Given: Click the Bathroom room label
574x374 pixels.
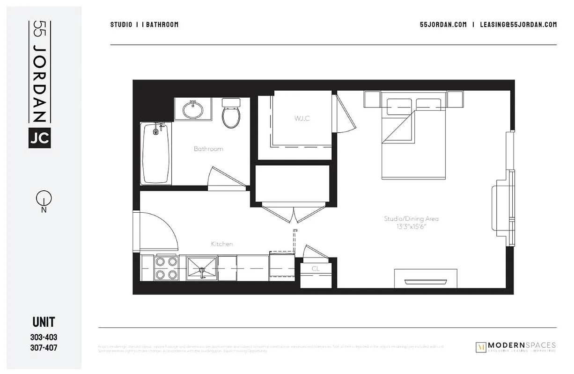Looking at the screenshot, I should (208, 149).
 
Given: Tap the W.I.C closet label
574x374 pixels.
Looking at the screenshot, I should (302, 118).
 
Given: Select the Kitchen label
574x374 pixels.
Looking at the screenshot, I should (221, 244).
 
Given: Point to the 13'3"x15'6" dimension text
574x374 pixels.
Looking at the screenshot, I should (412, 226).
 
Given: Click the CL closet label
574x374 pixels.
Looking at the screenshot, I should (316, 269).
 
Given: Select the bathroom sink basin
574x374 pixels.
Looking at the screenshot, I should (192, 110).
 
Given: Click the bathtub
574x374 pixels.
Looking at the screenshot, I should (156, 153).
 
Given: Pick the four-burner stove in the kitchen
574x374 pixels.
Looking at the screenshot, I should (166, 268).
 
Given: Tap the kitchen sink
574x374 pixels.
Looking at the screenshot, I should (202, 268).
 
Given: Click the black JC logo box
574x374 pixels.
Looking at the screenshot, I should (39, 137).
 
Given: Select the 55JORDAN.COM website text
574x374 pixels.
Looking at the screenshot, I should (443, 25).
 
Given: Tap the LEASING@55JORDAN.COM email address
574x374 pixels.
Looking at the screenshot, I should (518, 25).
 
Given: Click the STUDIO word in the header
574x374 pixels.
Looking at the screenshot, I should (121, 25).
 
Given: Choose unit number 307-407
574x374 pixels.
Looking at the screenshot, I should (44, 348).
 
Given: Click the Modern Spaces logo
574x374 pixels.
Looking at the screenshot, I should (515, 347).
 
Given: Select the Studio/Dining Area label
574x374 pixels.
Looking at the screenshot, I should (412, 218).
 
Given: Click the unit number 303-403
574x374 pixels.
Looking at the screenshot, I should (44, 337).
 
